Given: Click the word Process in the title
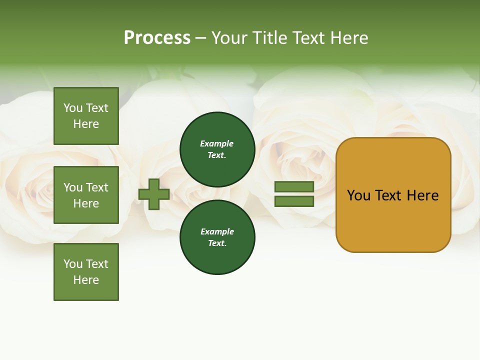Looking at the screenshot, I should [x=157, y=38].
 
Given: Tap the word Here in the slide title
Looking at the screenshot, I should [x=349, y=38].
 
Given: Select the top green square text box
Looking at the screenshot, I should [x=86, y=116].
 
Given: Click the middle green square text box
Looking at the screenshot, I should [x=86, y=195].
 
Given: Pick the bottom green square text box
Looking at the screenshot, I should [x=86, y=272].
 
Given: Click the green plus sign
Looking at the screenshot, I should [x=154, y=194].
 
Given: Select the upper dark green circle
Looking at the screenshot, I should [x=217, y=149].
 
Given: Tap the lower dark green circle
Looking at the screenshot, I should [x=217, y=237].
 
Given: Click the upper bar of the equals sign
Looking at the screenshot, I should [x=294, y=186].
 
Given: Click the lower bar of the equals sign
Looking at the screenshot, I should [x=294, y=201].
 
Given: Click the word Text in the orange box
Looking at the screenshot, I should [x=388, y=195].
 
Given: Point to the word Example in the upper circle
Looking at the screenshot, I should [x=217, y=143].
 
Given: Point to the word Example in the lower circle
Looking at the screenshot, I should [x=217, y=231].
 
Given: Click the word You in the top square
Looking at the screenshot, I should [x=73, y=108].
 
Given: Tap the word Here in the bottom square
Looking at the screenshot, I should [x=86, y=280].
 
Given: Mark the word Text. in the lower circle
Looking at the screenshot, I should [x=217, y=243].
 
